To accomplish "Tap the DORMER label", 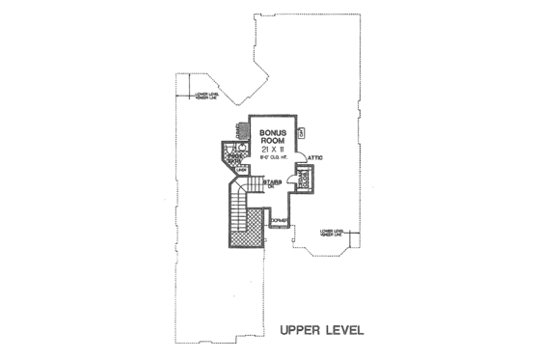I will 278,222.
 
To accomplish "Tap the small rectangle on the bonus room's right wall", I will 300,131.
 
